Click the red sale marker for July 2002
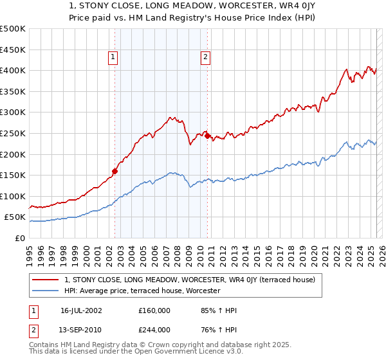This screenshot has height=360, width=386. [x=115, y=171]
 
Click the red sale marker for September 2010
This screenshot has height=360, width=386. [x=207, y=136]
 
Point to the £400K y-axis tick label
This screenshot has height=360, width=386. [x=12, y=70]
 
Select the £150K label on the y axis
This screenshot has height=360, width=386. [x=12, y=175]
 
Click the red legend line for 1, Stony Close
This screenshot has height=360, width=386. [x=46, y=280]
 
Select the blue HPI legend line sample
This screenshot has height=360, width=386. [x=46, y=291]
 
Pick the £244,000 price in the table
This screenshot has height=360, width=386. [x=154, y=330]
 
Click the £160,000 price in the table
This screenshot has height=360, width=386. [x=154, y=310]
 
